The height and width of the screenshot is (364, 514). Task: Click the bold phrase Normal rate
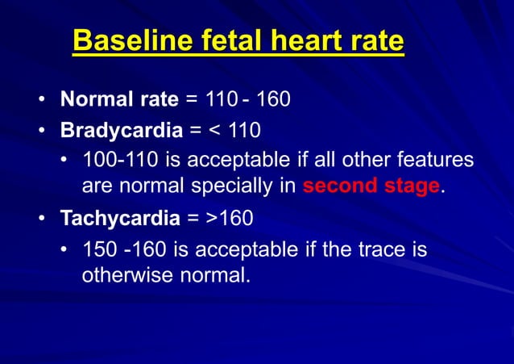pyautogui.click(x=119, y=100)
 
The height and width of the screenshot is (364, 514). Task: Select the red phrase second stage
pyautogui.click(x=371, y=186)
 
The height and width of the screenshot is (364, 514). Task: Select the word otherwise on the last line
pyautogui.click(x=122, y=275)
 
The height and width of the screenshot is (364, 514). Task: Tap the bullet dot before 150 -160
pyautogui.click(x=64, y=249)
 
